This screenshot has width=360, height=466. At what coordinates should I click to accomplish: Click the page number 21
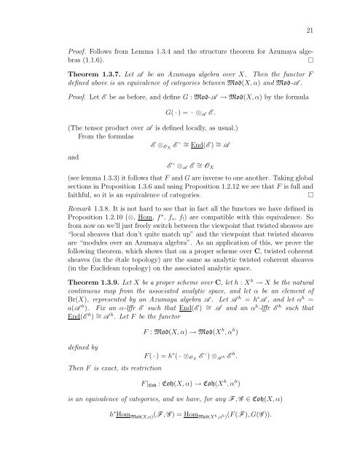(x=310, y=29)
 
